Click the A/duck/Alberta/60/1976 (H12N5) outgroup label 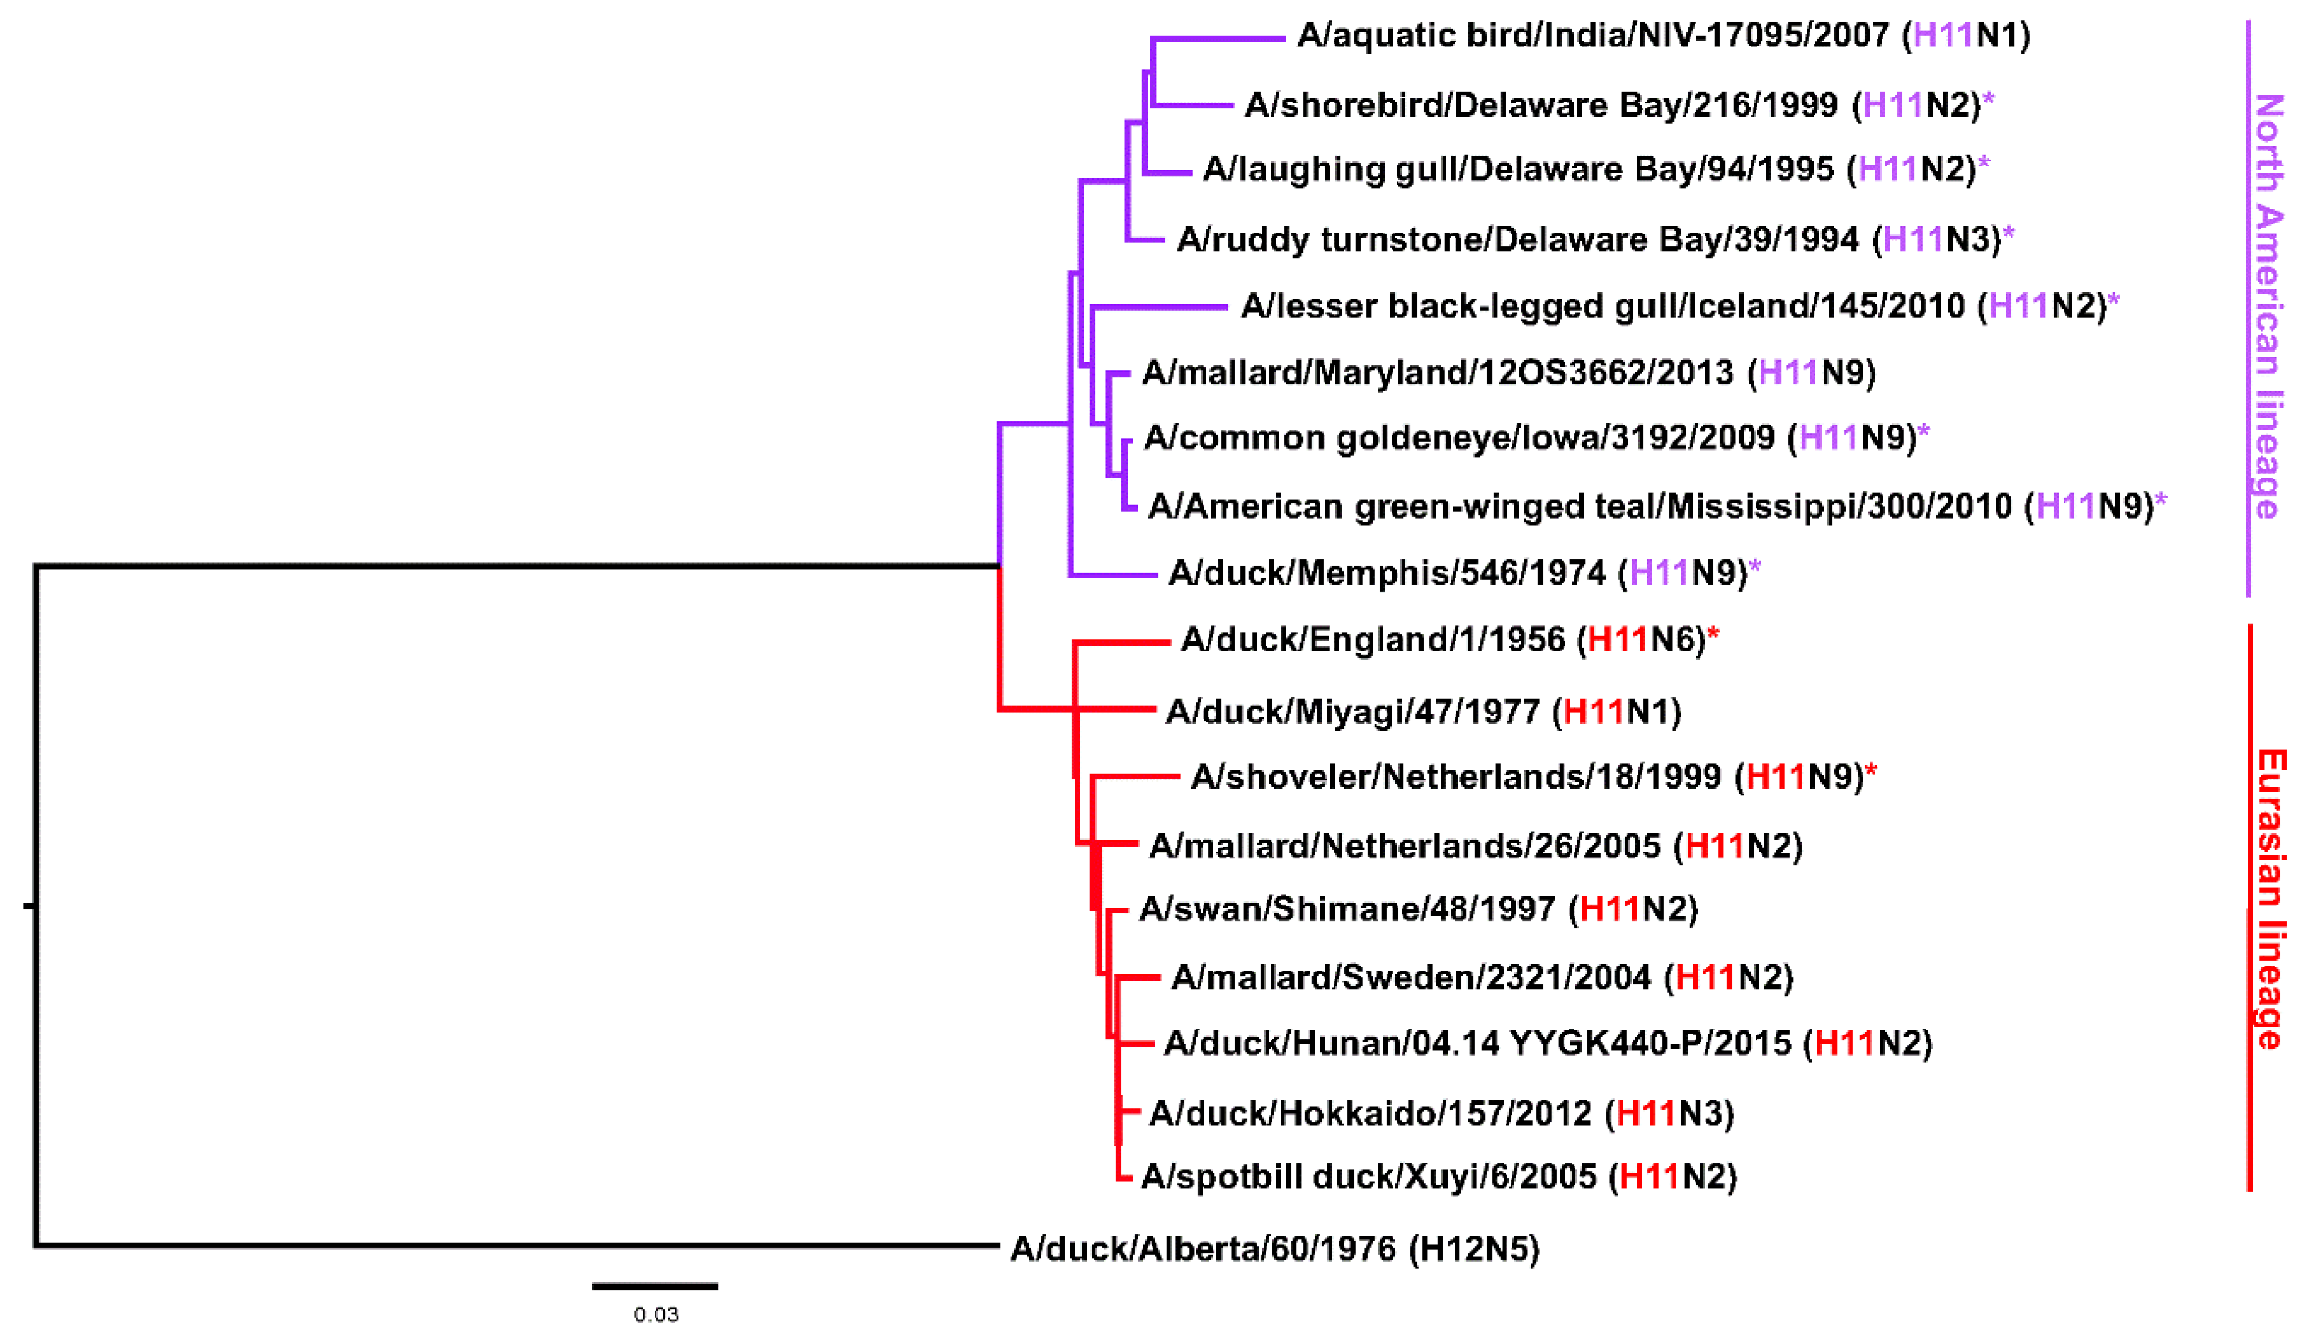[1274, 1249]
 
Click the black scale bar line [654, 1287]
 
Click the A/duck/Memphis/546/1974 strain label [1464, 574]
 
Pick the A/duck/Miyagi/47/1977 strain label [1422, 712]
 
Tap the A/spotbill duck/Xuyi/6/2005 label [1438, 1177]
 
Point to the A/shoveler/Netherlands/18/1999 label [1527, 777]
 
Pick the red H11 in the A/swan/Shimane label [1609, 909]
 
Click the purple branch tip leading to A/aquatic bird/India [1218, 39]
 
